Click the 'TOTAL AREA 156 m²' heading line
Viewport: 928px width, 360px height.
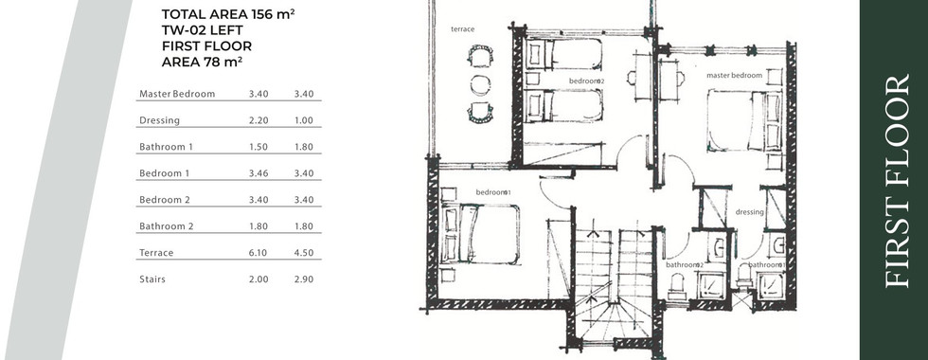tap(228, 15)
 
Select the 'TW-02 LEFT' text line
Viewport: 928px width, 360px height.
tap(202, 30)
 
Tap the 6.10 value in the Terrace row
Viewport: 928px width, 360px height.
tap(259, 253)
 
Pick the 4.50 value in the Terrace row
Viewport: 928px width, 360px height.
tap(304, 253)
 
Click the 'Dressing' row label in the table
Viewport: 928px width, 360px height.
tap(159, 121)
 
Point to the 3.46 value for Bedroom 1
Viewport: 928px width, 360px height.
tap(259, 173)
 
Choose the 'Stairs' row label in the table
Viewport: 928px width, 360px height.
tap(152, 279)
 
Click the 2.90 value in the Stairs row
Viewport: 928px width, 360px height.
tap(304, 279)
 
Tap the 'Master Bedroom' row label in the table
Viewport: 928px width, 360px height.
tap(177, 94)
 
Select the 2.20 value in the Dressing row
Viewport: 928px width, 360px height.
tap(259, 120)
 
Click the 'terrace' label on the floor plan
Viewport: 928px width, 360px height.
tap(462, 29)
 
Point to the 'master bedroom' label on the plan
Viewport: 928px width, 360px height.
tap(734, 75)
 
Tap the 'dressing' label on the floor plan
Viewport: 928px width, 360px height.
tap(749, 212)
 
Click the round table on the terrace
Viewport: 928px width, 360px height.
tap(480, 84)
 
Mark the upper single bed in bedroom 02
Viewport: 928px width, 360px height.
tap(562, 54)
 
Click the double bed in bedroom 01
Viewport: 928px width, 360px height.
tap(480, 233)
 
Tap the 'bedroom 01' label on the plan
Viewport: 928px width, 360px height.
tap(493, 191)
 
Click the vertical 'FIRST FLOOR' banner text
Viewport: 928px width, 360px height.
tap(897, 181)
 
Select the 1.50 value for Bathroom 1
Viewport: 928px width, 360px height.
tap(259, 147)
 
